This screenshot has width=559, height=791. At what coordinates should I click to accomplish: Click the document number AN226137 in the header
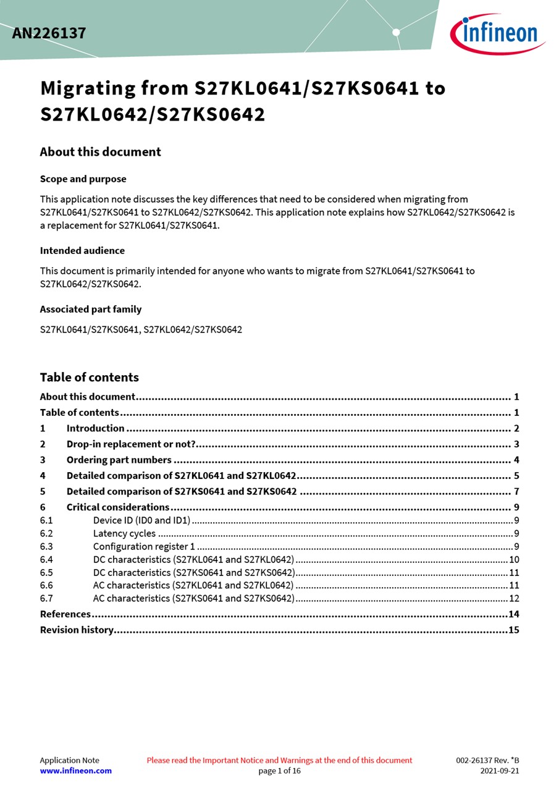pos(49,33)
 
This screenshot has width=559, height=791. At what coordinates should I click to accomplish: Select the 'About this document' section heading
pos(100,152)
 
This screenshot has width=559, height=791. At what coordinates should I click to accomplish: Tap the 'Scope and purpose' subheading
pos(83,179)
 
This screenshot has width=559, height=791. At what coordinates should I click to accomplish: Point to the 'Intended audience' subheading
pos(82,251)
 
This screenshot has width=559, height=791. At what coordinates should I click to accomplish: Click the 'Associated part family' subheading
pos(91,310)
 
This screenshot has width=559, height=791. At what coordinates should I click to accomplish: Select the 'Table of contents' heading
pos(89,378)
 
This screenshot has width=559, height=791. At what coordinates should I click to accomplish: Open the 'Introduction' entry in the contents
pos(96,428)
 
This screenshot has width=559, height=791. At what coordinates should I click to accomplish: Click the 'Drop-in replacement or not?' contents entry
pos(131,444)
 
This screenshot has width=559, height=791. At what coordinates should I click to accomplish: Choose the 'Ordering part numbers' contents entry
pos(119,460)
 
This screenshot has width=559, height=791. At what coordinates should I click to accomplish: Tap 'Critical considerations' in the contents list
pos(118,507)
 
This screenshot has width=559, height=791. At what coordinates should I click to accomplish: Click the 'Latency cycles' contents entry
pos(124,533)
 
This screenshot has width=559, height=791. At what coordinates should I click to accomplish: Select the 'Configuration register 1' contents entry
pos(144,546)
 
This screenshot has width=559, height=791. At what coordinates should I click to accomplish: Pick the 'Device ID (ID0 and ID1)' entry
pos(141,520)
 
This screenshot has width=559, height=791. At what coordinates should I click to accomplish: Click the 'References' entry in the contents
pos(65,614)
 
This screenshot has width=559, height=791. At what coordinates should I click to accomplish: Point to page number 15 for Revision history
pos(514,630)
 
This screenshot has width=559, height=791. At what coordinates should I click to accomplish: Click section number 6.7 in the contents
pos(46,598)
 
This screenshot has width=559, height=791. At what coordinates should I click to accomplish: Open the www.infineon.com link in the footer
pos(76,771)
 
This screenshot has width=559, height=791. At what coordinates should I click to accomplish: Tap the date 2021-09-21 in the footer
pos(500,771)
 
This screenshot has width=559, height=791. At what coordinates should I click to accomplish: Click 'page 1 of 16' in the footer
pos(279,771)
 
